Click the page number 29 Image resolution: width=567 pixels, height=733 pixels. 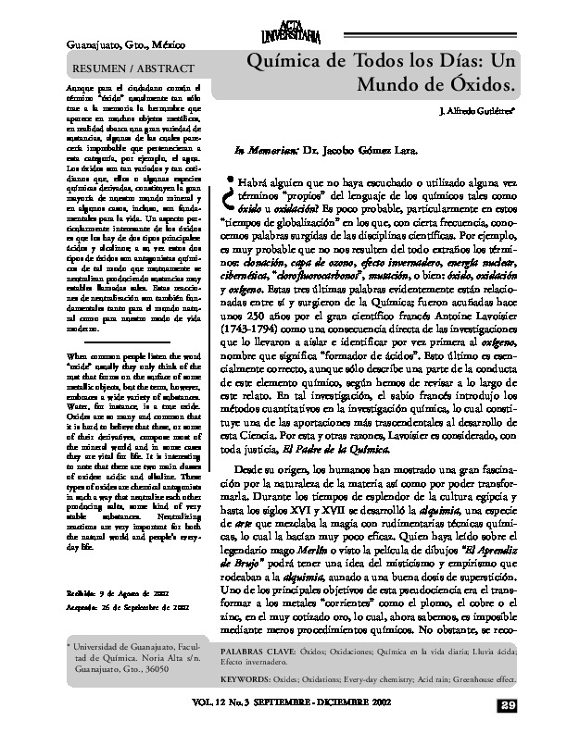(532, 707)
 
